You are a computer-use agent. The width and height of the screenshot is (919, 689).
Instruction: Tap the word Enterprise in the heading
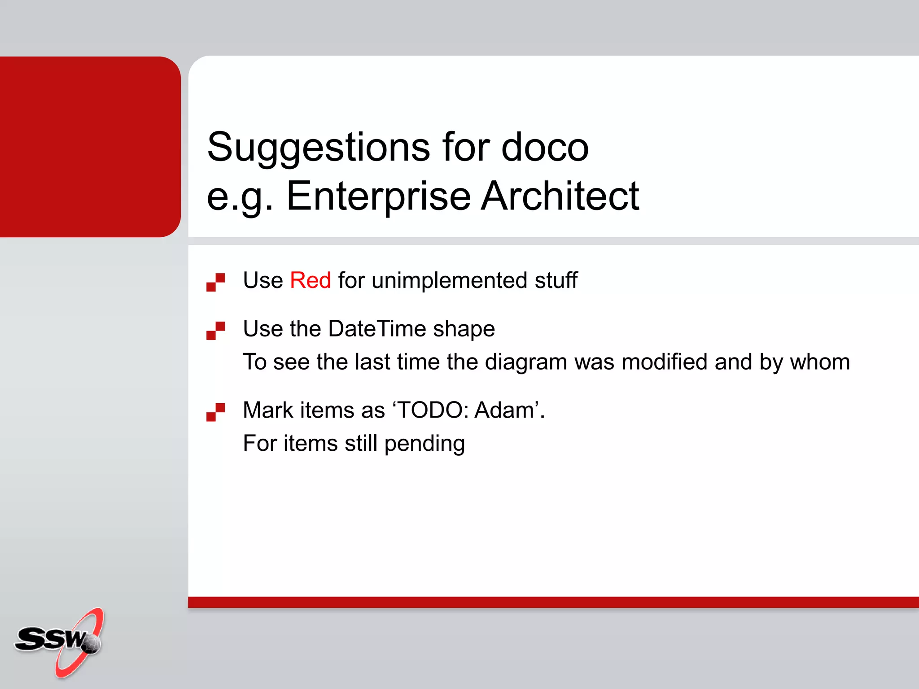pyautogui.click(x=378, y=196)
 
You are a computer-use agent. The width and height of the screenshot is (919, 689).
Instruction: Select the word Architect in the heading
pyautogui.click(x=560, y=196)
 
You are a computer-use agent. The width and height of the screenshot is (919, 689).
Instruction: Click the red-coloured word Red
pyautogui.click(x=310, y=280)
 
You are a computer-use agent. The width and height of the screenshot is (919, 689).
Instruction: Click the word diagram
pyautogui.click(x=525, y=362)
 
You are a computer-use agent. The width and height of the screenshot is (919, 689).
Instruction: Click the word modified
pyautogui.click(x=664, y=362)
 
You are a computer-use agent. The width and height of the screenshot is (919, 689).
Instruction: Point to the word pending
pyautogui.click(x=424, y=444)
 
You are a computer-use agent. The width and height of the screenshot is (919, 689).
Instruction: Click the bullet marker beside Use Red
pyautogui.click(x=215, y=282)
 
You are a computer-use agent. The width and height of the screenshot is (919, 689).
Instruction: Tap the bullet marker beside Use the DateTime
pyautogui.click(x=215, y=331)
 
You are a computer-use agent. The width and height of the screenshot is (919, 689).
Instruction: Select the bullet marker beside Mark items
pyautogui.click(x=215, y=412)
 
